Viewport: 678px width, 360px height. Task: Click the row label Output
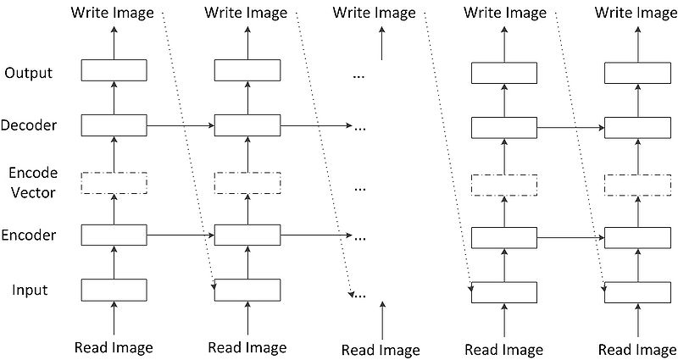point(28,73)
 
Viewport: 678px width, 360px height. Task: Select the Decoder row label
point(29,126)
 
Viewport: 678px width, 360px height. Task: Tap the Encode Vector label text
point(32,182)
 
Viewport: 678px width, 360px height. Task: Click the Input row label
point(30,291)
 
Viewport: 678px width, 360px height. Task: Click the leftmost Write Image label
point(114,13)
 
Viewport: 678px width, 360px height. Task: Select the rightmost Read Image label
point(637,349)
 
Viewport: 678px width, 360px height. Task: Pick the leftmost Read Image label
point(114,347)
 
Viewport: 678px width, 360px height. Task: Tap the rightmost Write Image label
point(636,13)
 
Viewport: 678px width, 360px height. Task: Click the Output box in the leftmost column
point(114,70)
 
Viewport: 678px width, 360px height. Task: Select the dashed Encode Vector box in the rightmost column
point(636,185)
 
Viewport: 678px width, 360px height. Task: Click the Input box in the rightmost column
point(636,292)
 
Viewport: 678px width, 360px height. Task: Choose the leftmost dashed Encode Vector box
point(114,182)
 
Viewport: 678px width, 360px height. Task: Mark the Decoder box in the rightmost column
point(636,128)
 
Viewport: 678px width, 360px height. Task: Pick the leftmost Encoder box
point(114,235)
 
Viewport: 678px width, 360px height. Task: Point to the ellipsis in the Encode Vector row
point(358,185)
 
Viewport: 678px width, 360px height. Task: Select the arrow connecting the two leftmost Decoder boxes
point(181,126)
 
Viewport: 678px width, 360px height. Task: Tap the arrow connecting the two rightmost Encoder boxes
point(570,238)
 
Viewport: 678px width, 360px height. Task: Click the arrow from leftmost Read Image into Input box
point(114,320)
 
